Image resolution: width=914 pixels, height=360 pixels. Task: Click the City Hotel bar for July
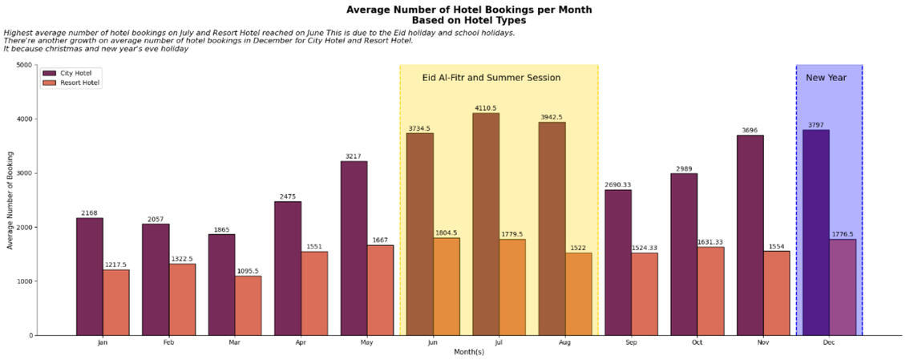click(486, 224)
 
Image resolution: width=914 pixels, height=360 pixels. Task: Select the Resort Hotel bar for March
click(248, 305)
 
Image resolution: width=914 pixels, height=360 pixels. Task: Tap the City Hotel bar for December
click(816, 233)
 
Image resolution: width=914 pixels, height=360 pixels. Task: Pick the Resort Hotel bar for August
click(578, 293)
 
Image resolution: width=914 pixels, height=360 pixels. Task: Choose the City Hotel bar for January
click(90, 277)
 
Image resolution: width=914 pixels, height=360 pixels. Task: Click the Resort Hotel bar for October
click(710, 291)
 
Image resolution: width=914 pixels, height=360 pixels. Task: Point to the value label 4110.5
click(486, 108)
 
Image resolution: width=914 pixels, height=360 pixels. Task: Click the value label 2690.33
click(618, 185)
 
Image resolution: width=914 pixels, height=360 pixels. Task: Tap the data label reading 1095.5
click(248, 271)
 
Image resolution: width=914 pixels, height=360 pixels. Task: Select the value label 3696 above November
click(750, 131)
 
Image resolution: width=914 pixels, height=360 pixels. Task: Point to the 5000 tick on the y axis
click(24, 65)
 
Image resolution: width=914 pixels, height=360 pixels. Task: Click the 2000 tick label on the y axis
click(24, 227)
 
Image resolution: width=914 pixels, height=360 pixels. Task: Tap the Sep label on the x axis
click(631, 342)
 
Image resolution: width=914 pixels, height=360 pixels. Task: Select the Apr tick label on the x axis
click(301, 342)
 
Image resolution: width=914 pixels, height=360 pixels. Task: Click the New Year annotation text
click(826, 78)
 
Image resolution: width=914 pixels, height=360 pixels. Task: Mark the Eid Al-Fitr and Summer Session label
click(491, 78)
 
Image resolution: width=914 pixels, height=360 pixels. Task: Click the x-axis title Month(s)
click(469, 352)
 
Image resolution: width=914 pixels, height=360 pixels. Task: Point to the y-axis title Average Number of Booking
click(10, 200)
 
